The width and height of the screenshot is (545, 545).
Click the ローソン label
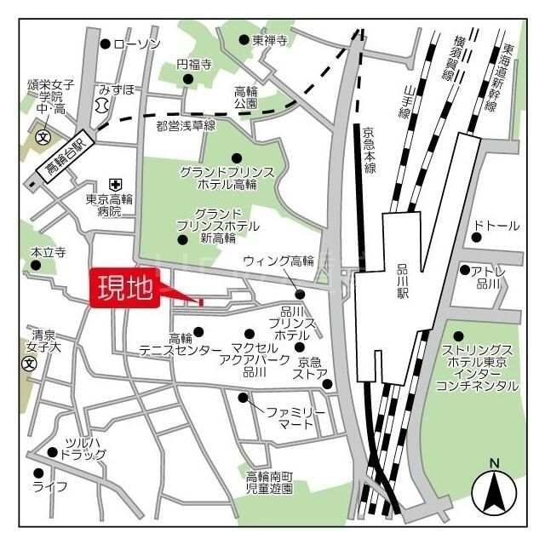click(x=137, y=43)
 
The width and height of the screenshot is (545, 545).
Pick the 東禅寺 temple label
click(x=270, y=40)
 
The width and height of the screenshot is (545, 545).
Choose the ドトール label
click(x=496, y=226)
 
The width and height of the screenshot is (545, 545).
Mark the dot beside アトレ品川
click(x=465, y=271)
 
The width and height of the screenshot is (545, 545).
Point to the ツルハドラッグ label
click(x=83, y=448)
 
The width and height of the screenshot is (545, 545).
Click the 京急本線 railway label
click(x=368, y=151)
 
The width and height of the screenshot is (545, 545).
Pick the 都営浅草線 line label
click(x=186, y=125)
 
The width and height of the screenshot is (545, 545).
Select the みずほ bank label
click(x=116, y=88)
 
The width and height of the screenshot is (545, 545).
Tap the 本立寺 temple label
click(x=49, y=253)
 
